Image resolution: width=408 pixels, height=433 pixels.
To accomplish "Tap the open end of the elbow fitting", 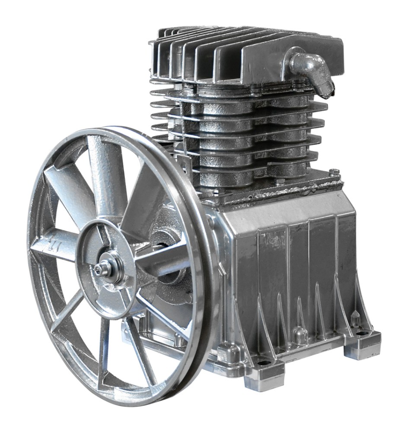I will [x=327, y=91].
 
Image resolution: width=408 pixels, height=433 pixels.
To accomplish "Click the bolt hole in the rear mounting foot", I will [x=362, y=333].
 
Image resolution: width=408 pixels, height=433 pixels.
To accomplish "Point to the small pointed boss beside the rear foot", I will [x=355, y=318].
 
